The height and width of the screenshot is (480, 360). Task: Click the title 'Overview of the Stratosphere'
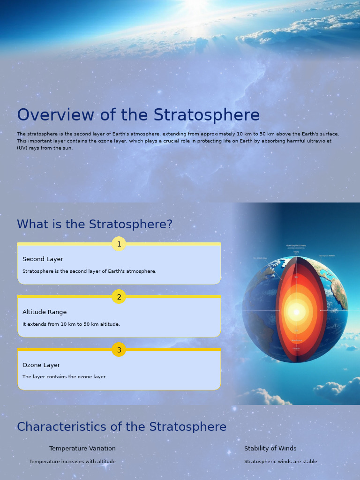pos(138,115)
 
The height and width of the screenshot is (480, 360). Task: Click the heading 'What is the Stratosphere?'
pos(95,225)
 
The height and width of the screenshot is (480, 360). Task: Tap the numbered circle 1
pos(119,244)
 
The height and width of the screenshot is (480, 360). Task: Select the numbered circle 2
pos(119,297)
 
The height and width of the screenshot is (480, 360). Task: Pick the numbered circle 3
pos(119,350)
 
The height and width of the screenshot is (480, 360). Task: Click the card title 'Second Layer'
pos(43,259)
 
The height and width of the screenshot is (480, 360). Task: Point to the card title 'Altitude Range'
pos(45,312)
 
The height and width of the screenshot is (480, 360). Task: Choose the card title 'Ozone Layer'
pos(41,365)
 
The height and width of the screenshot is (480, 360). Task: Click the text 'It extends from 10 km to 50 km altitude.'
pos(71,324)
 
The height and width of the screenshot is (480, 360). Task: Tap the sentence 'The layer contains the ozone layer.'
pos(65,377)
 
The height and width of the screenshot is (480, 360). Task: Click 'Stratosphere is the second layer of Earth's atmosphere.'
pos(90,271)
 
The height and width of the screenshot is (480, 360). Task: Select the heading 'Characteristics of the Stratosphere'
pos(122,427)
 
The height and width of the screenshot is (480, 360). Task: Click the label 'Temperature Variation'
pos(82,449)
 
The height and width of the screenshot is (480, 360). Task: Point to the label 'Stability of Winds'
pos(270,449)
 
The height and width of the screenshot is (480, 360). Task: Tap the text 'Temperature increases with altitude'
pos(72,462)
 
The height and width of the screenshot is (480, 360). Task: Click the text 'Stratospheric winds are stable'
pos(281,462)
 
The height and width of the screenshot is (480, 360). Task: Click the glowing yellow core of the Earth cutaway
pos(296,312)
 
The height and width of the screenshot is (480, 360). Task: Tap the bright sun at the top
pos(196,5)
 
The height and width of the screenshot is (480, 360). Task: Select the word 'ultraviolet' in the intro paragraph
pos(318,141)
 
